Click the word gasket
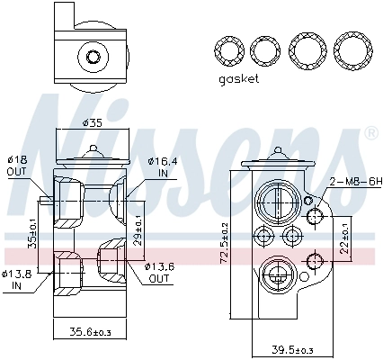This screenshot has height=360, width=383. point(238,79)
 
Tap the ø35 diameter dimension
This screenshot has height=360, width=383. point(93,122)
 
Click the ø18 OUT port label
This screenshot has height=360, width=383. point(16,166)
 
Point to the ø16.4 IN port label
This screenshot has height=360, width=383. point(162,166)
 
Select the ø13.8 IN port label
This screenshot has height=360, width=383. point(16,280)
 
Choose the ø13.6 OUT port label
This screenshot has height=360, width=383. point(159,273)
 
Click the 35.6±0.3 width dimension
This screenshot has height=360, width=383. point(90,332)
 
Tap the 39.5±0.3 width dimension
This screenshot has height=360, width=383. point(292,350)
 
